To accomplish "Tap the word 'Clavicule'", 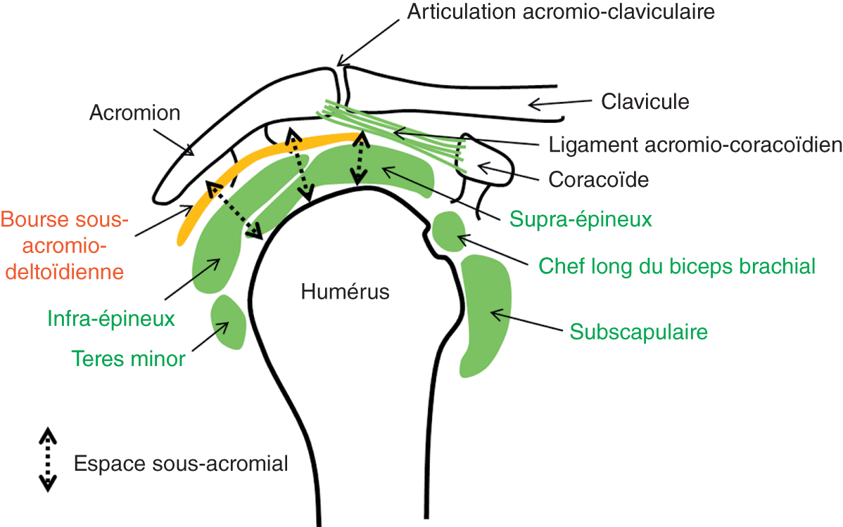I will (x=645, y=102).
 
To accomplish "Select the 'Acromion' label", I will (x=135, y=113).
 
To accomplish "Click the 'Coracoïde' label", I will (x=598, y=179).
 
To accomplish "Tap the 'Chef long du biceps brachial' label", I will (x=677, y=266).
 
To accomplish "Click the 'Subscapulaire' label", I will (x=638, y=332).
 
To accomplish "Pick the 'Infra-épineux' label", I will (x=111, y=320).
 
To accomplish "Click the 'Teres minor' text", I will (x=128, y=359).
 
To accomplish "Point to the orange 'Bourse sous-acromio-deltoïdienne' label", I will (x=65, y=245).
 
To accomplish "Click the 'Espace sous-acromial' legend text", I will (x=181, y=464).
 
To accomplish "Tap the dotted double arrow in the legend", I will (x=48, y=458).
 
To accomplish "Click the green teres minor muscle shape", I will (x=229, y=322).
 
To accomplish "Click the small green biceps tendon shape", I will (x=449, y=232).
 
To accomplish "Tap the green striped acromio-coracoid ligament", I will (x=394, y=129).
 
